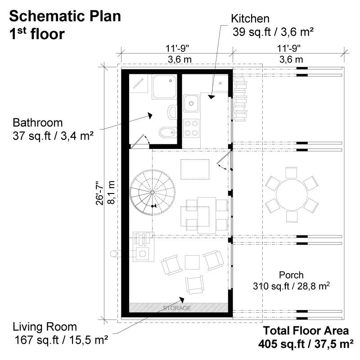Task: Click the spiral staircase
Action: click(151, 193)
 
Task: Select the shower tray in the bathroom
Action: click(165, 87)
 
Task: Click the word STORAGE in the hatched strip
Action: click(177, 308)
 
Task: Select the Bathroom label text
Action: click(37, 122)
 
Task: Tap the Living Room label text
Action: click(45, 327)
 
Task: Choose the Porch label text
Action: click(291, 275)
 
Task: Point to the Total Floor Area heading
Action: click(306, 331)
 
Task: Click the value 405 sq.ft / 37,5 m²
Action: click(306, 344)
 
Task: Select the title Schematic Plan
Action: click(65, 16)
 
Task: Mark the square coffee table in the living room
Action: click(192, 261)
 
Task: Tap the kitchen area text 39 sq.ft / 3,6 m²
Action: click(273, 32)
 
